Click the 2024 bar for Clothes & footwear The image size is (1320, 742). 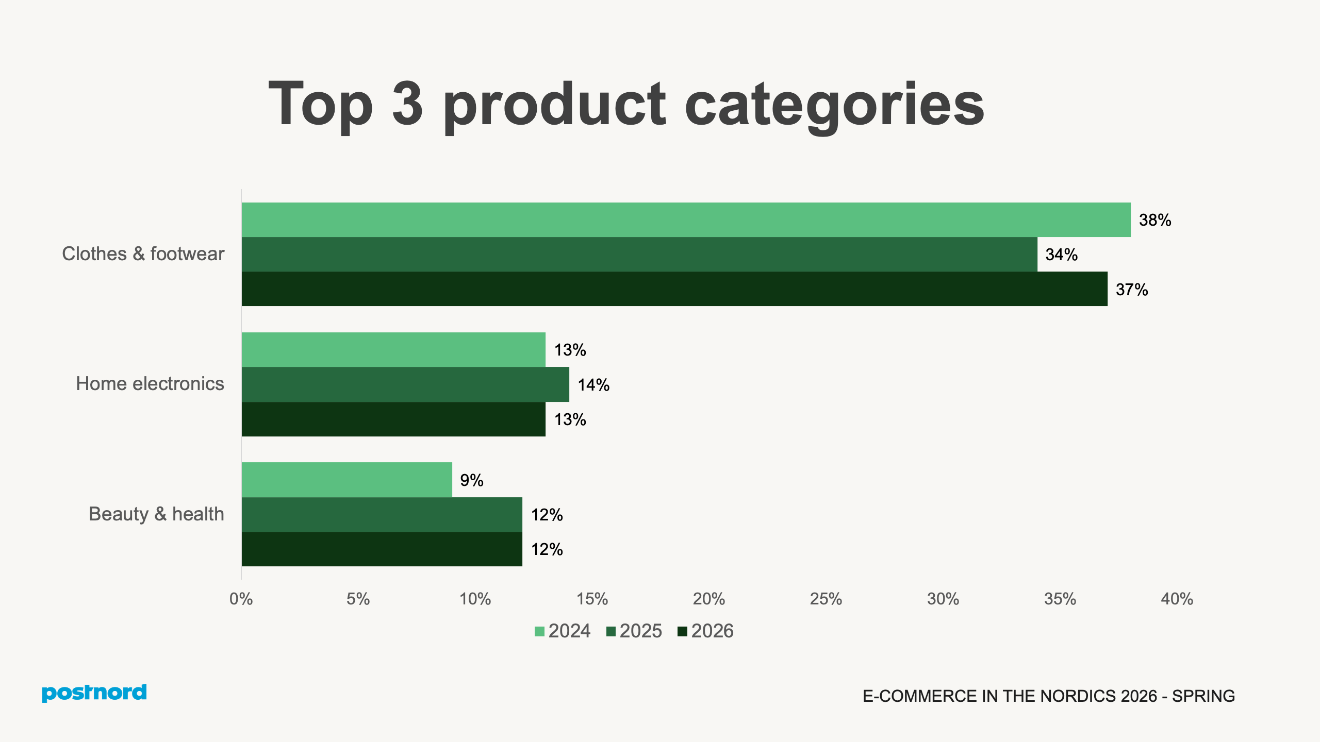(x=686, y=220)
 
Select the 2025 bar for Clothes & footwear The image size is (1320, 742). (x=639, y=255)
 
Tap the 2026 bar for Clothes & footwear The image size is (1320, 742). (x=674, y=289)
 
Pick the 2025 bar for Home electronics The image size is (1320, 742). (x=405, y=384)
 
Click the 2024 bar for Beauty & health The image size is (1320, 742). (x=346, y=480)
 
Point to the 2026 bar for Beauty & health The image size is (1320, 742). (x=382, y=549)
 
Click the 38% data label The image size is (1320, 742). (x=1155, y=221)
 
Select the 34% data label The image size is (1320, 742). (x=1061, y=255)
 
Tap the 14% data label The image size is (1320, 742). (x=593, y=385)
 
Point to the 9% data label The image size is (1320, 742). (x=472, y=480)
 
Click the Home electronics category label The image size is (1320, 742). (x=150, y=384)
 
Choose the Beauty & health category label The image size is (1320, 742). (x=156, y=514)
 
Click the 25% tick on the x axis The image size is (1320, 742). (x=826, y=599)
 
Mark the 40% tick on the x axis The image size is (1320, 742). (x=1177, y=599)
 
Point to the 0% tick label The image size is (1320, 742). (x=241, y=599)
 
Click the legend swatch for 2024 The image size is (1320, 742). (x=539, y=632)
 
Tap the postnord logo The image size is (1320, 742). (x=94, y=693)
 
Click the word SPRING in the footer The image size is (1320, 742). (x=1203, y=696)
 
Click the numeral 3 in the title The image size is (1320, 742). (x=407, y=104)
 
